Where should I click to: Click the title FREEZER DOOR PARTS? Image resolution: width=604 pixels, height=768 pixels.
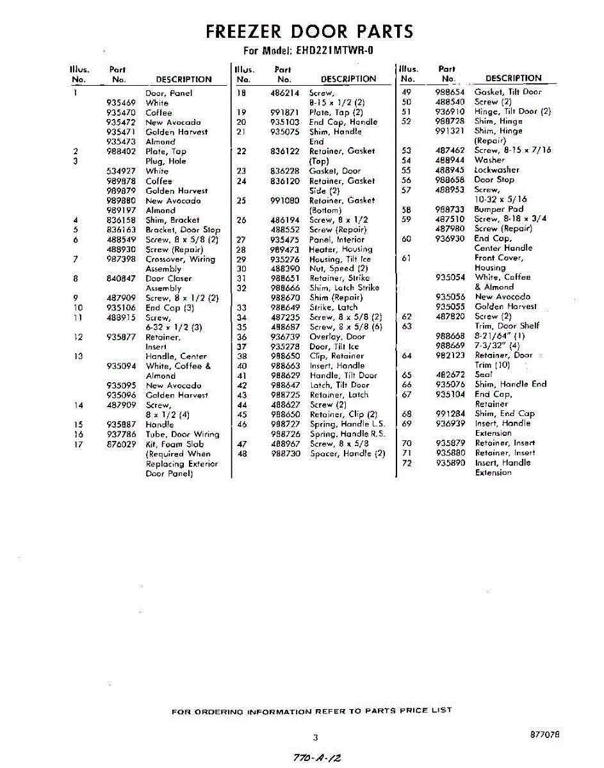pos(309,31)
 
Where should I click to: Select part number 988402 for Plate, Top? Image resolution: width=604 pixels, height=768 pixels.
pos(121,152)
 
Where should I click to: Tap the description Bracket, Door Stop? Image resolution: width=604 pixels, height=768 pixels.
pos(183,230)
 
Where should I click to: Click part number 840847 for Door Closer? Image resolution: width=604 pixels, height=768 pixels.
pos(121,278)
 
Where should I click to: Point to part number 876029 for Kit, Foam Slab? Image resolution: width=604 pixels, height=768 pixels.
pos(121,444)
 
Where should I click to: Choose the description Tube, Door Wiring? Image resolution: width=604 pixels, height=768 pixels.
pos(182,435)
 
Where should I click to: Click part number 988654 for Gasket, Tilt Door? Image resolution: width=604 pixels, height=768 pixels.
pos(450,92)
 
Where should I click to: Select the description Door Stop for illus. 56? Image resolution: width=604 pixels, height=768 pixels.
pos(494,180)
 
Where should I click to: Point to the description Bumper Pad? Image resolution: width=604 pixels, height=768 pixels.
pos(498,209)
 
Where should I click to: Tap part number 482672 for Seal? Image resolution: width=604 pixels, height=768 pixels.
pos(450,375)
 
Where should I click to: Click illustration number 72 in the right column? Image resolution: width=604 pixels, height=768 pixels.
pos(406,463)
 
